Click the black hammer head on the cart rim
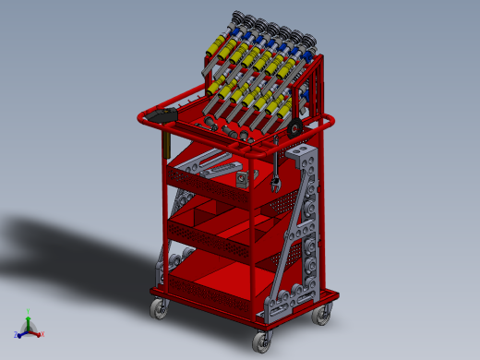click(x=164, y=114)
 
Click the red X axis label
click(x=42, y=334)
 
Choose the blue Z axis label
click(x=17, y=335)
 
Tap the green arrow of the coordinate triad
click(x=29, y=322)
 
